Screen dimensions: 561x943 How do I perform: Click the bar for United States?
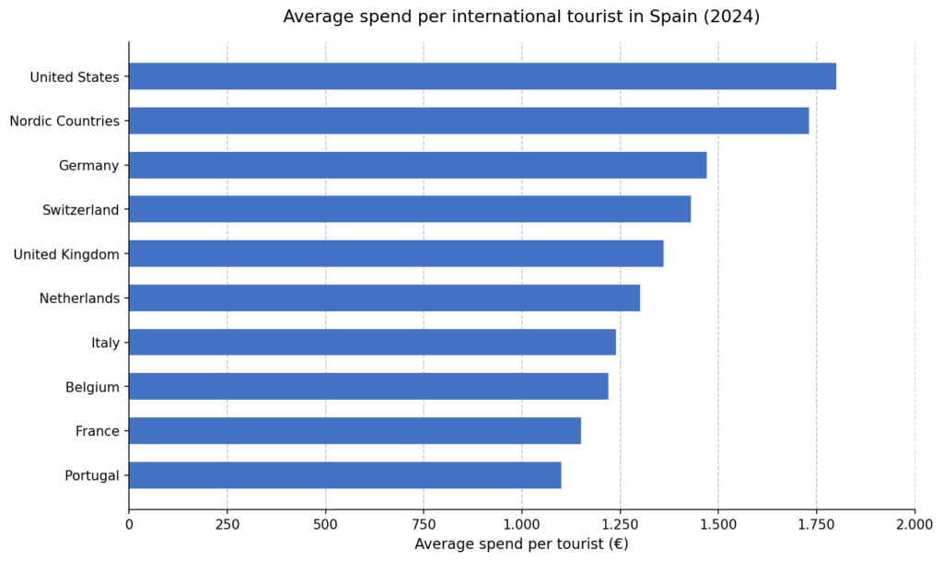(x=483, y=76)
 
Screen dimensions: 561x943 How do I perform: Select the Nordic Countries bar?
(x=469, y=121)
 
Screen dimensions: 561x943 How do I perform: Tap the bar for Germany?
(x=417, y=165)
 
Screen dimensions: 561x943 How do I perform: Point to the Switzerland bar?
(x=410, y=209)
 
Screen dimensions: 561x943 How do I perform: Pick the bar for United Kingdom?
(x=396, y=253)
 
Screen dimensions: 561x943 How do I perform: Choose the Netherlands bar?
(x=384, y=298)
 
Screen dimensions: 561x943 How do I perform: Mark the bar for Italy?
(x=372, y=342)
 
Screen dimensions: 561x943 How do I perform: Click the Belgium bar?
(x=368, y=386)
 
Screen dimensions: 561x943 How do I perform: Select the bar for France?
(x=355, y=430)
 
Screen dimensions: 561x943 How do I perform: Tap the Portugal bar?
(x=344, y=474)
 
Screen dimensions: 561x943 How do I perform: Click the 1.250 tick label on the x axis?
(x=620, y=524)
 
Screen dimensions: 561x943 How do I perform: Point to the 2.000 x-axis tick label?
(x=914, y=524)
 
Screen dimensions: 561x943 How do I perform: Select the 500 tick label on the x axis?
(x=325, y=524)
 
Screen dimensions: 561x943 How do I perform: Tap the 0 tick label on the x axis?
(x=129, y=524)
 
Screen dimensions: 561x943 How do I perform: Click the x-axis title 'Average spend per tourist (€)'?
(x=521, y=543)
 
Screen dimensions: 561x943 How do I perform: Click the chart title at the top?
(x=521, y=17)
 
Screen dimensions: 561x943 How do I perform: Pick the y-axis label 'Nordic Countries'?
(x=64, y=121)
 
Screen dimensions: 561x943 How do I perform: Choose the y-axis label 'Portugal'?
(x=92, y=475)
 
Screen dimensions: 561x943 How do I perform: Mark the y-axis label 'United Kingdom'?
(x=66, y=253)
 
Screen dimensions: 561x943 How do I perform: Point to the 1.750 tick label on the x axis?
(x=816, y=524)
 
